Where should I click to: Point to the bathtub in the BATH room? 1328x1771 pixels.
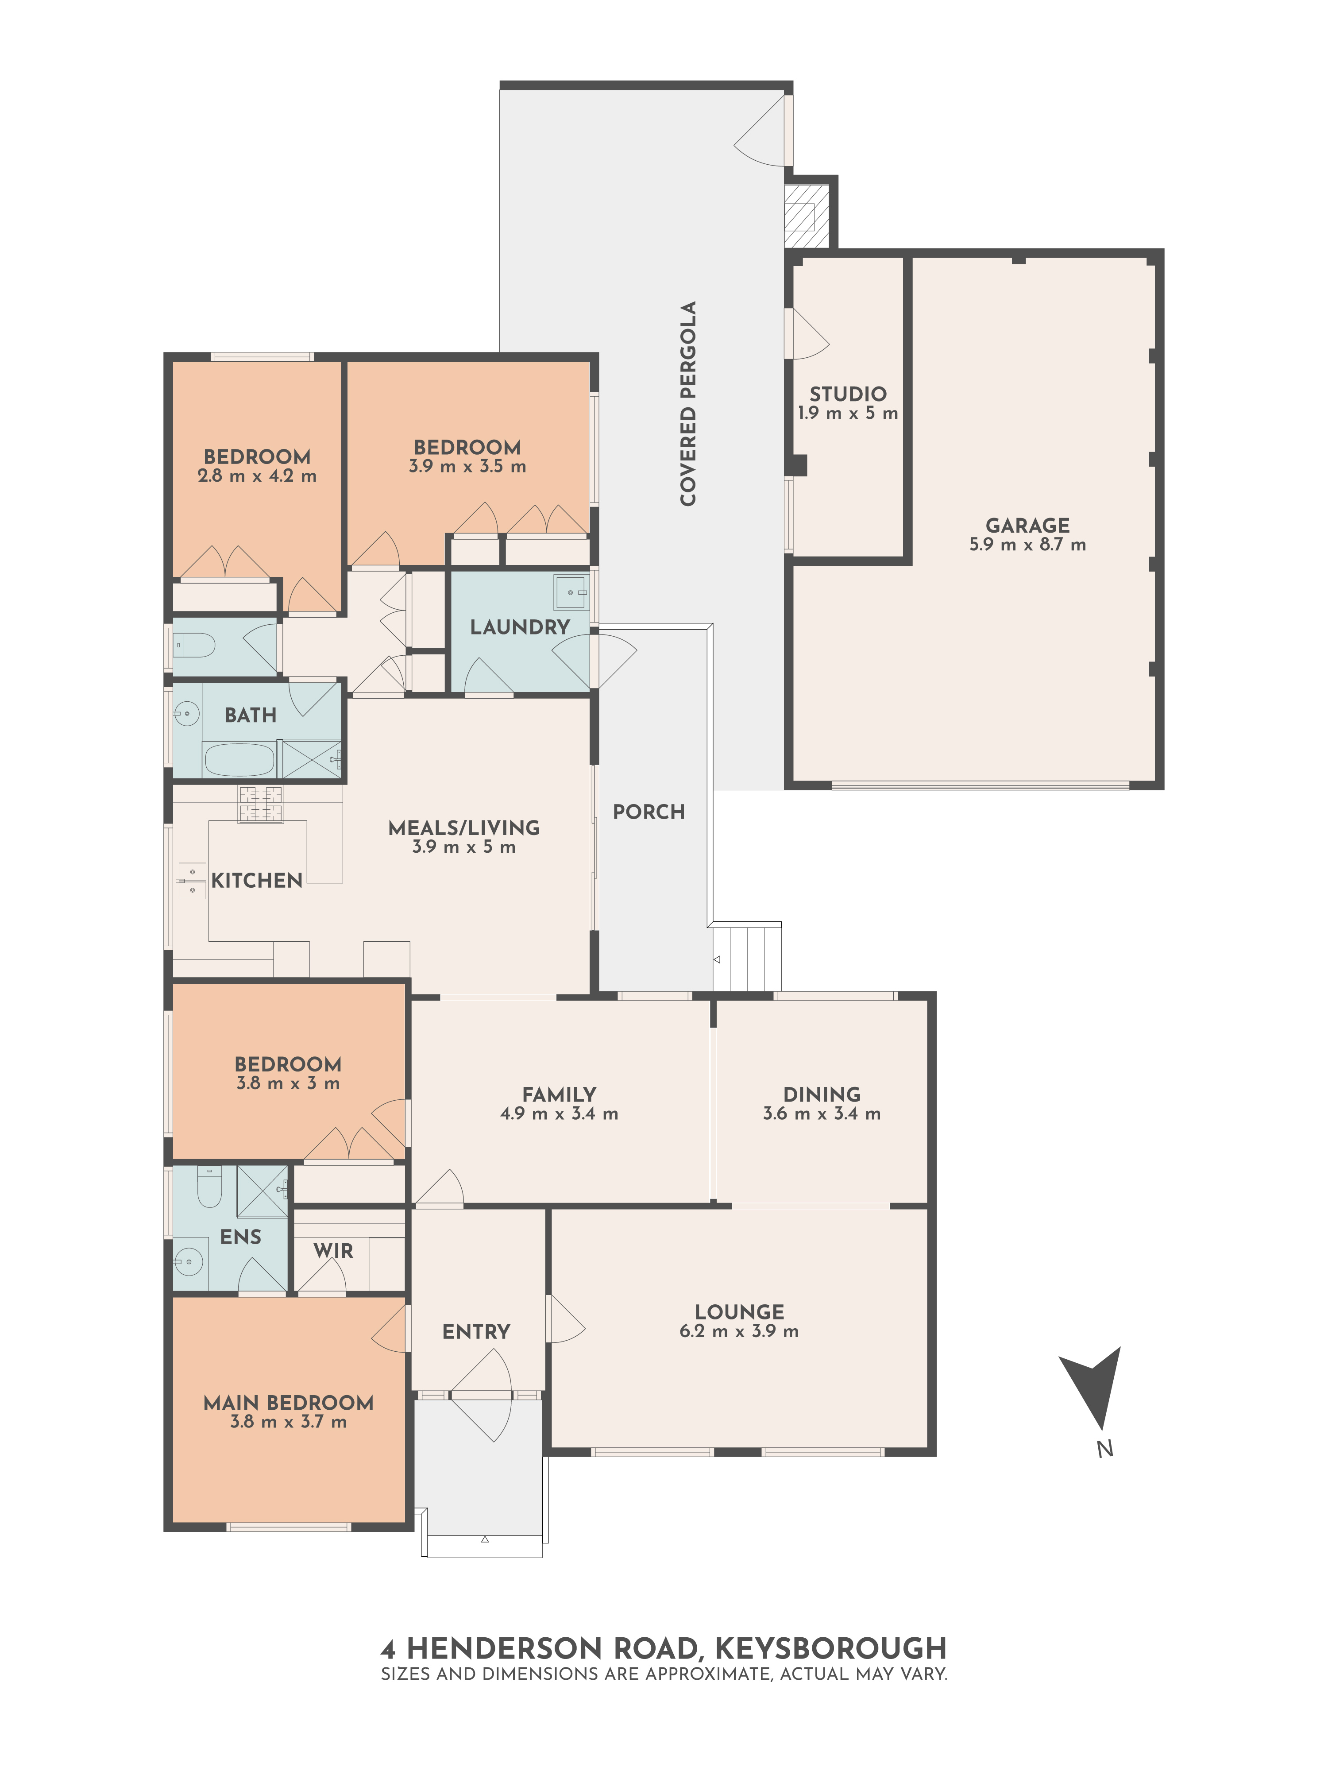[x=239, y=759]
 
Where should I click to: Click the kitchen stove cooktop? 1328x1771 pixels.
[x=260, y=804]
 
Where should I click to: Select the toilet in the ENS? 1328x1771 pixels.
[x=209, y=1187]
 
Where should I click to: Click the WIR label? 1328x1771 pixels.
[x=333, y=1251]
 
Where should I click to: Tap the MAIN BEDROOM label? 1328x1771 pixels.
[x=288, y=1403]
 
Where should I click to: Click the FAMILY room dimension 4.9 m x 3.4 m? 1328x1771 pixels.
[x=559, y=1114]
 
